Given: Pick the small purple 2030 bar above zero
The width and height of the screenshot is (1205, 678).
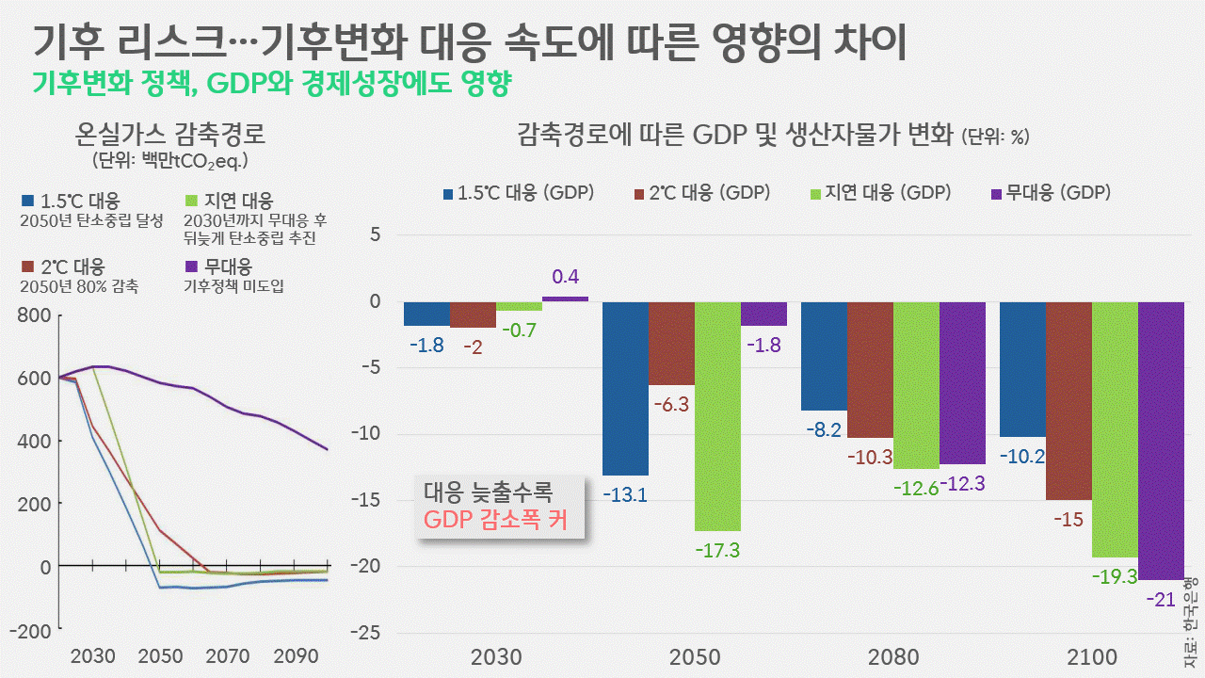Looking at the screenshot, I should [x=565, y=299].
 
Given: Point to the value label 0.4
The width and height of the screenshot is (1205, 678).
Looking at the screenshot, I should [x=566, y=277].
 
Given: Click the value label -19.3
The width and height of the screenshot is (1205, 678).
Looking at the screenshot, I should [x=1115, y=576].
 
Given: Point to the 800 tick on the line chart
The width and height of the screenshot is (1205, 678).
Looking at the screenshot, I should [x=34, y=315].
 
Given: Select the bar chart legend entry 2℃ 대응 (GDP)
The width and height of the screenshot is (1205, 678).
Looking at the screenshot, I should [x=702, y=193].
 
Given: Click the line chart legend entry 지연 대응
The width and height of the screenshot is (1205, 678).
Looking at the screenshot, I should [x=241, y=201].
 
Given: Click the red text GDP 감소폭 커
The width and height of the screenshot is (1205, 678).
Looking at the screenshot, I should [x=496, y=520].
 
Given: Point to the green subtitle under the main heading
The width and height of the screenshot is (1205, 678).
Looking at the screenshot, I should [x=271, y=84].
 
